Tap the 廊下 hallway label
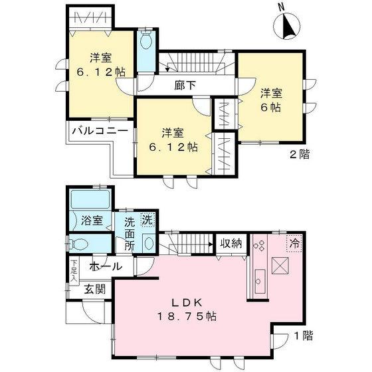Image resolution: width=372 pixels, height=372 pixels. pyautogui.click(x=186, y=85)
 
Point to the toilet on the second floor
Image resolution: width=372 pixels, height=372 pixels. pyautogui.click(x=146, y=42)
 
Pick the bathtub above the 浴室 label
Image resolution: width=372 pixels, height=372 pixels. pyautogui.click(x=88, y=199)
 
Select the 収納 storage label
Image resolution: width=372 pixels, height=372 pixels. pyautogui.click(x=232, y=243)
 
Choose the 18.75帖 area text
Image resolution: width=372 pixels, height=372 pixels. pyautogui.click(x=191, y=317)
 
